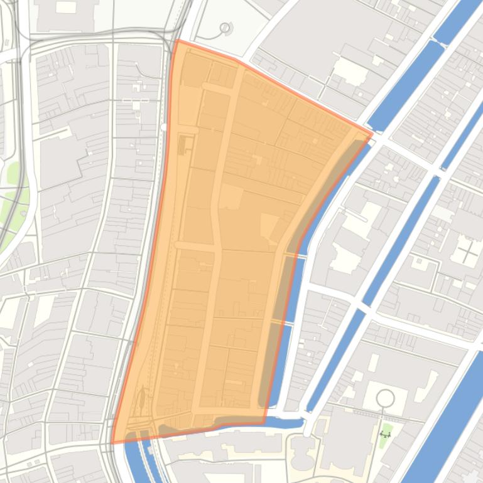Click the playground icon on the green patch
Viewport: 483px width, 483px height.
click(385, 434)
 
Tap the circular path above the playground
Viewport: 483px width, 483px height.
click(385, 398)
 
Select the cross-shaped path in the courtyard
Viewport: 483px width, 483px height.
click(467, 252)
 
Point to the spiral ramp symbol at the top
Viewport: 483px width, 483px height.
click(225, 28)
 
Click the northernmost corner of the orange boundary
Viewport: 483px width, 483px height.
click(177, 41)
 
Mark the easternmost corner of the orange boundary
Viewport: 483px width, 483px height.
click(372, 133)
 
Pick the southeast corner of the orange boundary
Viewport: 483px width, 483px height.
click(264, 423)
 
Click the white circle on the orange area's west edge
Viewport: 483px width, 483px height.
click(164, 127)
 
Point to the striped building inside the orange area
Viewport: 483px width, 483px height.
click(184, 146)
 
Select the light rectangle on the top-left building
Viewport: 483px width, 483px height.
click(66, 8)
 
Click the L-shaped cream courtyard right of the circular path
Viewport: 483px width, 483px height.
click(428, 383)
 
